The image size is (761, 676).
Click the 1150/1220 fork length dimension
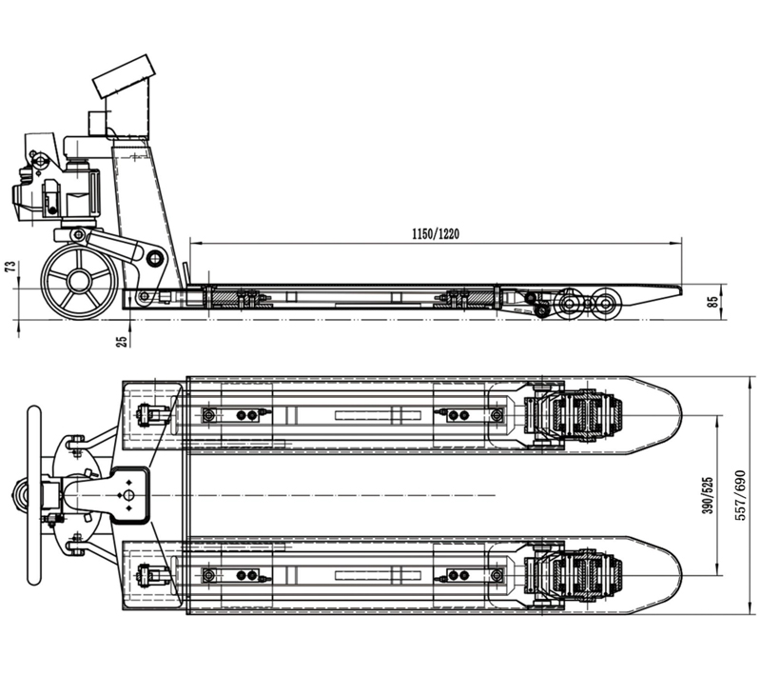(x=436, y=234)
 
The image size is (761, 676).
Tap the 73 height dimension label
(x=10, y=267)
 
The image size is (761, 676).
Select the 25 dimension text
(x=124, y=341)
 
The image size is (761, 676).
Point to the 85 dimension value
(x=712, y=302)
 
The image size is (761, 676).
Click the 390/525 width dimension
(x=708, y=495)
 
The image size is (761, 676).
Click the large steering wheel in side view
(x=78, y=282)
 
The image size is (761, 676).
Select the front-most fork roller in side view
(x=606, y=304)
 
